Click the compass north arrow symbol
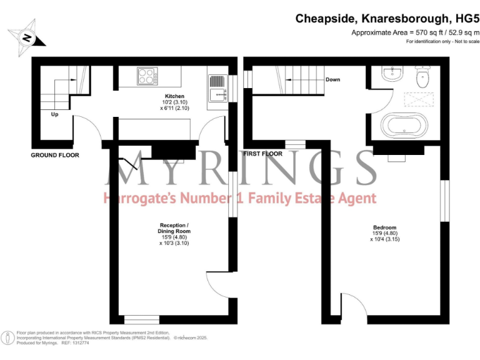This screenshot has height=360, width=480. [x=27, y=37]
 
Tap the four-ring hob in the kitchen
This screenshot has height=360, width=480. [x=147, y=76]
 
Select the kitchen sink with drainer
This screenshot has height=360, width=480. [x=217, y=89]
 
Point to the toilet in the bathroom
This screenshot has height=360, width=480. [x=422, y=76]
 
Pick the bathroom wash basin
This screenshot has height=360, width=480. [x=391, y=74]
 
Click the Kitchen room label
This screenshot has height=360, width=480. [x=174, y=96]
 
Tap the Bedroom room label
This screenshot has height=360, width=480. [x=385, y=227]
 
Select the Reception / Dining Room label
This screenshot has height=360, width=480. [x=174, y=228]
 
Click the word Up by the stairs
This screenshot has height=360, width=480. [x=54, y=114]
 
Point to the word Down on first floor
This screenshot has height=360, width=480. [x=332, y=79]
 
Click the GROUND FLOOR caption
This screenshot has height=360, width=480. [x=55, y=155]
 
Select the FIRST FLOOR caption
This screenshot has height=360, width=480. [x=262, y=154]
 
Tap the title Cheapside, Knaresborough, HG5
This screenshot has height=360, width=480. [x=387, y=19]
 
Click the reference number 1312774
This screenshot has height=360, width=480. [x=79, y=343]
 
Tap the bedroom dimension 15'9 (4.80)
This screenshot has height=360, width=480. [x=385, y=233]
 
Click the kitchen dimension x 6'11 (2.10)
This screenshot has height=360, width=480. [x=174, y=108]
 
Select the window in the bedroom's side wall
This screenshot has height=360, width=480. [x=445, y=201]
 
